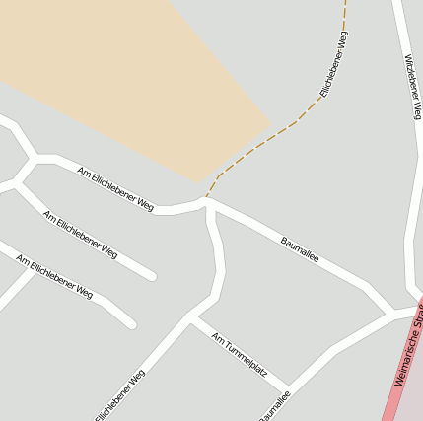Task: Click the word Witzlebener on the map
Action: coord(410,71)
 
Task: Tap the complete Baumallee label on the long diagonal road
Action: coord(300,248)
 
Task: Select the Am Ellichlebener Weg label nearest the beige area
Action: coord(115,188)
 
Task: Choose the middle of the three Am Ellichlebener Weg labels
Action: coord(80,234)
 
